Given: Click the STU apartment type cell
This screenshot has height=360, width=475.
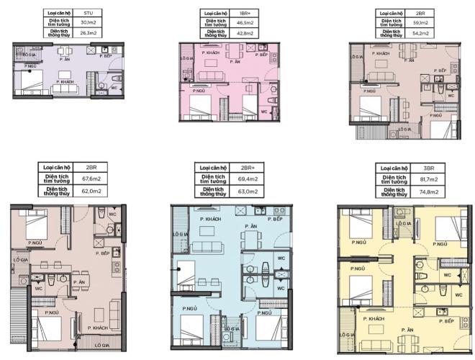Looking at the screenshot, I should pos(89,12).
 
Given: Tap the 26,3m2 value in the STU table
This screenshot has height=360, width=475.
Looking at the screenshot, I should pos(89,32).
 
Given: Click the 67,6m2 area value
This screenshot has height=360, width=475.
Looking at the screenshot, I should pos(91,181).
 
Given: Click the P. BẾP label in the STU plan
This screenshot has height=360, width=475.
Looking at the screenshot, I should pos(105,56).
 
